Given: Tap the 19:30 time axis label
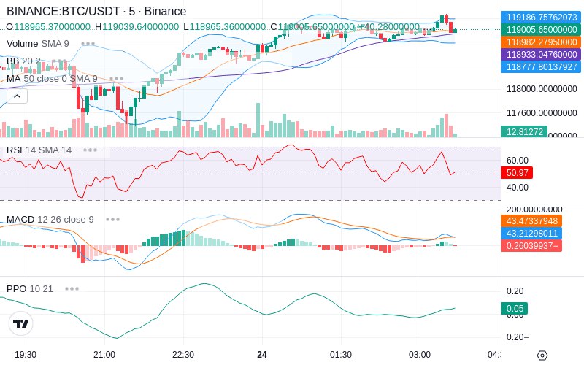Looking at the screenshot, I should (26, 354).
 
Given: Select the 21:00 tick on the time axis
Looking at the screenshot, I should (104, 354).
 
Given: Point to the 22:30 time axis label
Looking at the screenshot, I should (183, 354).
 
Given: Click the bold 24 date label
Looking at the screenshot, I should (262, 354).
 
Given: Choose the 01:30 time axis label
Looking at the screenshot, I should (341, 354).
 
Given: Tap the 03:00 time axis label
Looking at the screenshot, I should (420, 354).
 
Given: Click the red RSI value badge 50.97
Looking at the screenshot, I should (517, 173).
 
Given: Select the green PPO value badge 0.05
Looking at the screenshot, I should (514, 309).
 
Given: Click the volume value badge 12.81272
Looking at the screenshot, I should (523, 131).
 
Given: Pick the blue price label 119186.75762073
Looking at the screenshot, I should (541, 17).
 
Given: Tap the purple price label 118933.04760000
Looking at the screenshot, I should (541, 54).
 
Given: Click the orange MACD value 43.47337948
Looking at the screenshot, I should (541, 220).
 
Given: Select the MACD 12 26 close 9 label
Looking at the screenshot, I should (50, 219).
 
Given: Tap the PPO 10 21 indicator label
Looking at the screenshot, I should (30, 288).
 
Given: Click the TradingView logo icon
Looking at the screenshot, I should (21, 323).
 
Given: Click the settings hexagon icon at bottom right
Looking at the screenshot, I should (542, 356).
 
